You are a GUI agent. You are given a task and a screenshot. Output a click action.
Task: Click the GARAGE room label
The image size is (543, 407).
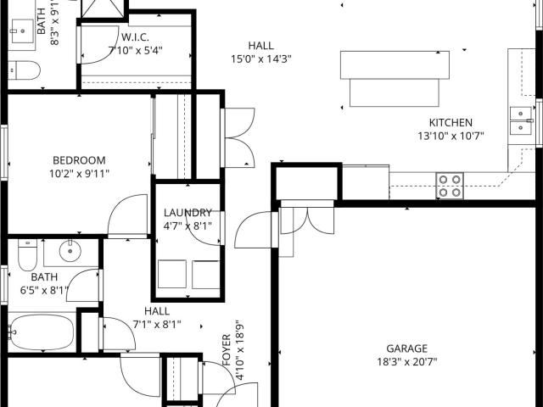click(x=407, y=348)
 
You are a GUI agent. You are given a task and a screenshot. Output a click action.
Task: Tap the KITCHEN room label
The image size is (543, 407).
click(x=451, y=122)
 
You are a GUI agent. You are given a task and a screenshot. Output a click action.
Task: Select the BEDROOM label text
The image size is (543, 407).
click(x=79, y=160)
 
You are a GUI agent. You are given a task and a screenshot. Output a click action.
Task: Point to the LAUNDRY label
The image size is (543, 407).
click(x=188, y=213)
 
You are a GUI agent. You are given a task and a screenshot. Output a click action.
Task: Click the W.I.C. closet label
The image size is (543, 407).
click(x=136, y=37)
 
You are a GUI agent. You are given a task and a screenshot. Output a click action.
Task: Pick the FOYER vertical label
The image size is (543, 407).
click(x=227, y=350)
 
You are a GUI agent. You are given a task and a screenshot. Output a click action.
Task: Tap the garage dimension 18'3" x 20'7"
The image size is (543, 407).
click(x=407, y=362)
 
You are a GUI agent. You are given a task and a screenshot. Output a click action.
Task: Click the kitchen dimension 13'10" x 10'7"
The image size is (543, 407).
click(x=451, y=136)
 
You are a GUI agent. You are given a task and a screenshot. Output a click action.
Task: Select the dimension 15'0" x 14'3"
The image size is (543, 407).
click(x=261, y=59)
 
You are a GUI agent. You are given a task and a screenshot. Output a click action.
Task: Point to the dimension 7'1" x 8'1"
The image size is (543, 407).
click(x=157, y=325)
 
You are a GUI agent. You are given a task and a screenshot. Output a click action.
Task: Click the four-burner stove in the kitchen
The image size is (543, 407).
click(x=450, y=186)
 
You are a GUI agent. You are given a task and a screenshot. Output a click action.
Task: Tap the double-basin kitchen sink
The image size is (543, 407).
click(x=521, y=120)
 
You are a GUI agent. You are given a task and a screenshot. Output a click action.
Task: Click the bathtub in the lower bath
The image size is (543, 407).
click(x=42, y=332)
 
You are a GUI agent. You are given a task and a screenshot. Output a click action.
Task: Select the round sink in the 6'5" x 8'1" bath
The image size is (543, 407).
click(x=70, y=251)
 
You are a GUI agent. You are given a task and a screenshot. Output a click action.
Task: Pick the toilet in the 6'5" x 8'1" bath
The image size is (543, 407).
click(x=27, y=254)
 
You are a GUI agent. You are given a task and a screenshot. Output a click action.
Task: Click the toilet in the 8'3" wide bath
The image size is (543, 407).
click(x=24, y=70)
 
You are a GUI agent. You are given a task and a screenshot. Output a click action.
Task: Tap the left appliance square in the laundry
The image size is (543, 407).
click(x=172, y=274)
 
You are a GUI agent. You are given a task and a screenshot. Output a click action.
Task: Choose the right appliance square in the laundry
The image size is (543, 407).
click(x=205, y=275)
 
